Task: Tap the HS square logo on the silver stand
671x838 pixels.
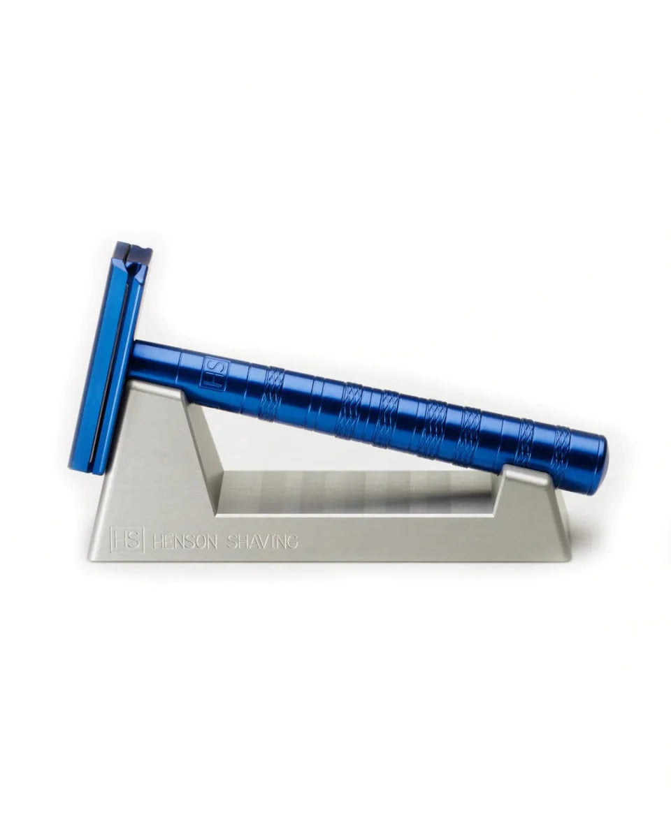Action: click(128, 538)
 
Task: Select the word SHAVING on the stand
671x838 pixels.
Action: click(263, 541)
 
